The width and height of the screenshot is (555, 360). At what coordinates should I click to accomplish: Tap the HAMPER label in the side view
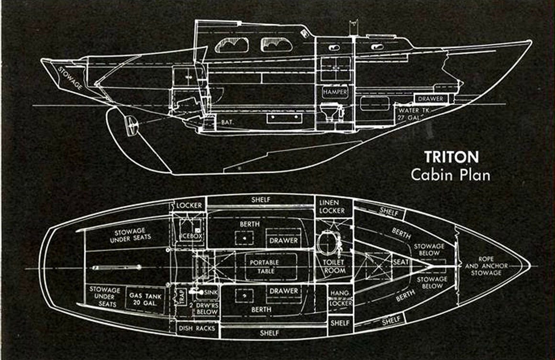coord(334,91)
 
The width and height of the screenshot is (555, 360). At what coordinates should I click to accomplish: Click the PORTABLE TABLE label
coord(264,267)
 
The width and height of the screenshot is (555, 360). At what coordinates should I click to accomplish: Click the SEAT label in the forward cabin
coord(400,262)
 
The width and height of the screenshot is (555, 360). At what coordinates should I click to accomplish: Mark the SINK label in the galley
coord(211,292)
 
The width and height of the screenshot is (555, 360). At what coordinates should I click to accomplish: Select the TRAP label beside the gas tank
coord(181,297)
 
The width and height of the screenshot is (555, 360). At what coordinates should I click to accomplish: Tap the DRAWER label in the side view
coord(432,99)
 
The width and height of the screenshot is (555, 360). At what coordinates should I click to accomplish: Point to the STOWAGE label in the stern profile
coord(70,78)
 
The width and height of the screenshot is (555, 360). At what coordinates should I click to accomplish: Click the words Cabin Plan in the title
coord(450,175)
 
